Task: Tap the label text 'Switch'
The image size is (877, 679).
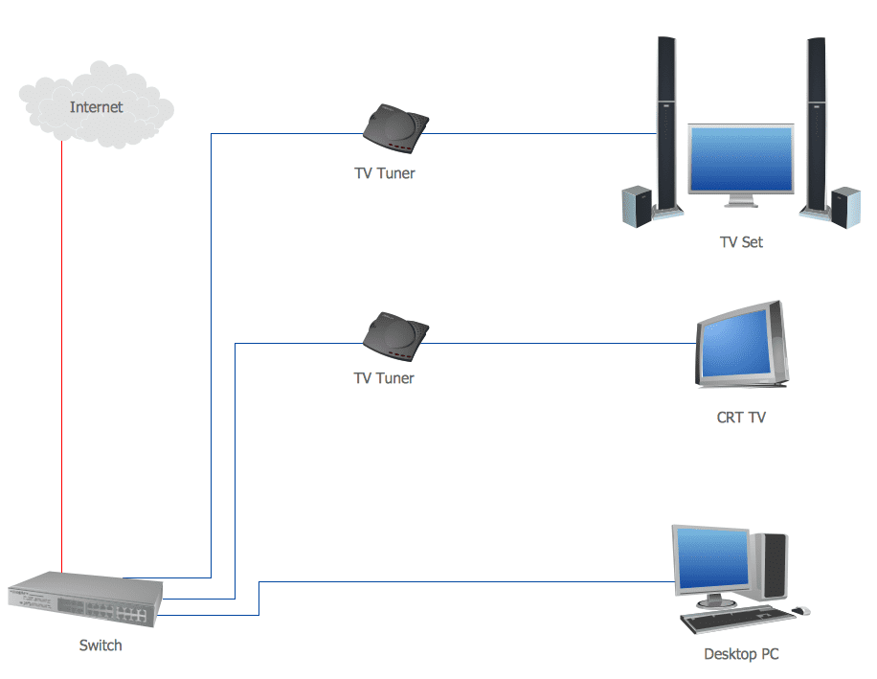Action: coord(101,645)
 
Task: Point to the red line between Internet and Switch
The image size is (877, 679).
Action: coord(61,354)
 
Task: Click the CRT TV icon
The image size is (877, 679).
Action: coord(741,346)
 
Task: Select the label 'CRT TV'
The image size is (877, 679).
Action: coord(741,418)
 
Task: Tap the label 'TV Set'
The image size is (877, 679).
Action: coord(741,242)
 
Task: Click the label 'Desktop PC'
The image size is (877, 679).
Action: coord(741,655)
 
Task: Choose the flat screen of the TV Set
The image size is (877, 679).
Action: coord(741,161)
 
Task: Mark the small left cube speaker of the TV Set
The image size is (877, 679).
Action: coord(637,206)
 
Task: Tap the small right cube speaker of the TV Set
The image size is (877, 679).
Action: coord(845,206)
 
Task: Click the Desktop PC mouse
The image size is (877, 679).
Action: coord(800,610)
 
